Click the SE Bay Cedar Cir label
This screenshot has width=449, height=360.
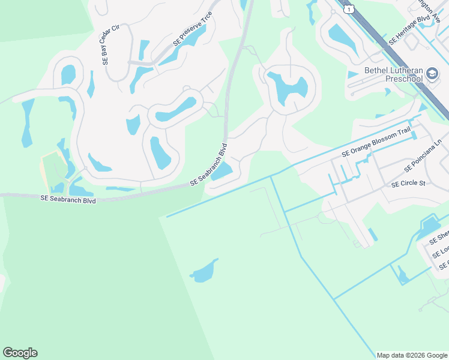pos(106,44)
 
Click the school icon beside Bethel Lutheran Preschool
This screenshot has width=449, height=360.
pos(432,74)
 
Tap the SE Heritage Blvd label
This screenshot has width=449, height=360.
pos(411,28)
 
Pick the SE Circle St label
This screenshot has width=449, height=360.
pos(408,183)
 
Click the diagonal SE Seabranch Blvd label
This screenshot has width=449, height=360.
pos(209,164)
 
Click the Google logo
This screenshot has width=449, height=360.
pos(20,353)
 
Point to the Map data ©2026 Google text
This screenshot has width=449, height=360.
pos(411,355)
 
